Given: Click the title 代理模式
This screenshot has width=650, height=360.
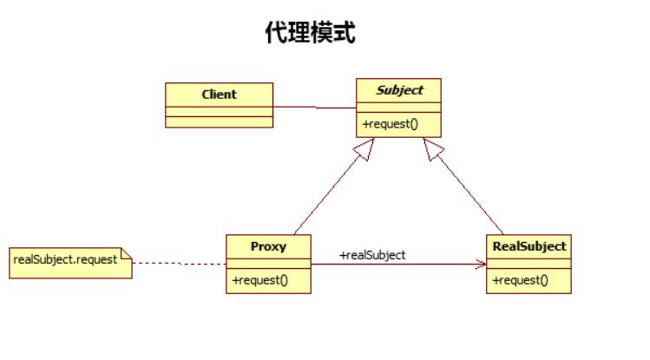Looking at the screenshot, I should click(x=310, y=34).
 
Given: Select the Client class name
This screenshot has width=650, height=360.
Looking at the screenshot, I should click(x=219, y=95).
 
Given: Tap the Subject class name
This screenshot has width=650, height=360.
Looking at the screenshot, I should click(x=399, y=90).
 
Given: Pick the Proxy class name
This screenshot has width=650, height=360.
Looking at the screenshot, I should click(x=268, y=246).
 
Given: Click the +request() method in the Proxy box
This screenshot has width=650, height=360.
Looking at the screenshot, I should click(x=259, y=280).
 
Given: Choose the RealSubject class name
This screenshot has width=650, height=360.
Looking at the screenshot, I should click(x=529, y=246).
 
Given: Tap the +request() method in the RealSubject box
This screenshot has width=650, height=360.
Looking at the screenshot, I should click(x=521, y=280).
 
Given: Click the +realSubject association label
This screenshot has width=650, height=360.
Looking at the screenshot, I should click(x=372, y=255).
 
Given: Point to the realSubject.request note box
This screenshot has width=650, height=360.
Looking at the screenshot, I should click(x=70, y=261).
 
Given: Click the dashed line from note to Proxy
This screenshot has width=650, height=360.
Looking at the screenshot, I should click(x=178, y=262).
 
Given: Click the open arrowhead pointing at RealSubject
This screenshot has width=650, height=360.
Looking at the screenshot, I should click(x=480, y=263).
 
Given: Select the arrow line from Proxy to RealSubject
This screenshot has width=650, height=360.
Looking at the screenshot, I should click(x=391, y=263).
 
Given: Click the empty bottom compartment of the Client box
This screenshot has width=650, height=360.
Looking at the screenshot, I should click(x=219, y=121).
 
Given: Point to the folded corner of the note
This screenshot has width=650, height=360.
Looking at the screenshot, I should click(x=126, y=254).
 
